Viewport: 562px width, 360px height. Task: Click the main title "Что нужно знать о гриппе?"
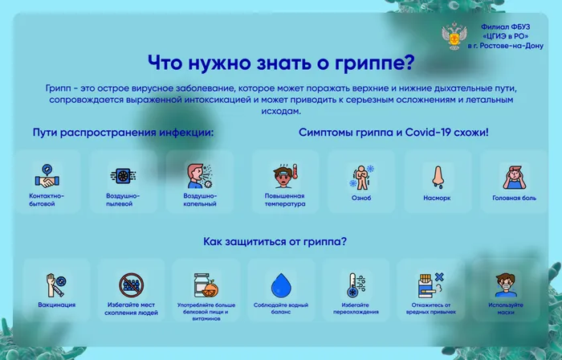(x=281, y=63)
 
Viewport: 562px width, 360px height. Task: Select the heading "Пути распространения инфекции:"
(x=124, y=132)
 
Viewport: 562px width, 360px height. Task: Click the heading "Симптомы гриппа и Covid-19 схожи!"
(x=393, y=132)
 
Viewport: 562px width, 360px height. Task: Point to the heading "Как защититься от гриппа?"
(x=275, y=240)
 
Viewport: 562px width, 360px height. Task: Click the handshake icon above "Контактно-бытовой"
(x=45, y=176)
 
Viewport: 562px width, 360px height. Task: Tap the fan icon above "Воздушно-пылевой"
(x=122, y=176)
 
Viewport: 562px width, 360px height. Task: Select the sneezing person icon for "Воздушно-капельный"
(x=198, y=176)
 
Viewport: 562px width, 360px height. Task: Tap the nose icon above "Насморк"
(x=438, y=176)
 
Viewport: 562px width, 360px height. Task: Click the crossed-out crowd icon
(x=132, y=284)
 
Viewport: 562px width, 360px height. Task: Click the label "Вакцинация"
(x=56, y=305)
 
